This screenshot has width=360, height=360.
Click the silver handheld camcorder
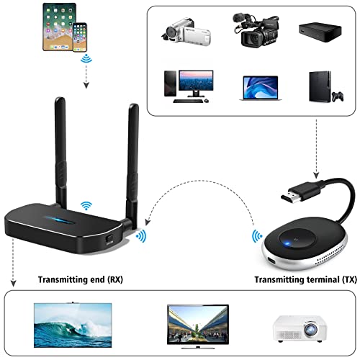(x=186, y=32)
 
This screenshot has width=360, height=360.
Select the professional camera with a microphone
(x=256, y=30)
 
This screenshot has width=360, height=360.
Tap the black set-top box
(x=320, y=32)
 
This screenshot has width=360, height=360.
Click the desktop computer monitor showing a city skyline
(x=196, y=83)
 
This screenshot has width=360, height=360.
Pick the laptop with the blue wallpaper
(x=261, y=88)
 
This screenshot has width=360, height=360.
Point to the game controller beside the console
(x=338, y=96)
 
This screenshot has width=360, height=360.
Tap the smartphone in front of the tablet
(x=80, y=37)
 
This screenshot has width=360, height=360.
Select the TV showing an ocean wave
(x=73, y=325)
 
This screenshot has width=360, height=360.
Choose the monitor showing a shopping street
(x=198, y=326)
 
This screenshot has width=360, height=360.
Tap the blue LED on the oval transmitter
(x=287, y=244)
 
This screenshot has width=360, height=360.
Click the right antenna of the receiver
(x=132, y=166)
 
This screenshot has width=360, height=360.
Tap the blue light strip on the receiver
(x=59, y=220)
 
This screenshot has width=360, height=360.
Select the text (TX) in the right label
(x=349, y=280)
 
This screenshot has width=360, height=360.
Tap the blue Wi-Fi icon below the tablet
(x=86, y=58)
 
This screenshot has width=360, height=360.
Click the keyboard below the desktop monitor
(x=188, y=101)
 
